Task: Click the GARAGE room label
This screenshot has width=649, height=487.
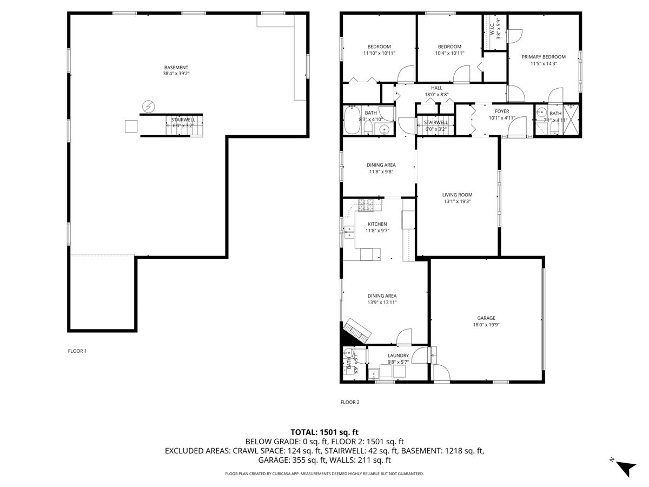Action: [486, 318]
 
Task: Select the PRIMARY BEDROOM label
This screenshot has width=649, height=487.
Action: [543, 57]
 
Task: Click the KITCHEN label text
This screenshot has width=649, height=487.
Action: [377, 224]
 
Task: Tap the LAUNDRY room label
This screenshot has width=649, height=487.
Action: [398, 356]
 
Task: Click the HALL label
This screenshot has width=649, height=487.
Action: [436, 88]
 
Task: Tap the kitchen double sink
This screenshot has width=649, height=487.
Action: [348, 232]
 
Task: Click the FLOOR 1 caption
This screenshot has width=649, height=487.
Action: [77, 351]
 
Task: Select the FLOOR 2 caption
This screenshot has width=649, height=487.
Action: [349, 402]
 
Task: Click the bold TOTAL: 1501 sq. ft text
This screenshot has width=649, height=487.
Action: [325, 432]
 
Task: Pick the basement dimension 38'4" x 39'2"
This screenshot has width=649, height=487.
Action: [176, 74]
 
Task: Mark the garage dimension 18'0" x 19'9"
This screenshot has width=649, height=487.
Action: [486, 325]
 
